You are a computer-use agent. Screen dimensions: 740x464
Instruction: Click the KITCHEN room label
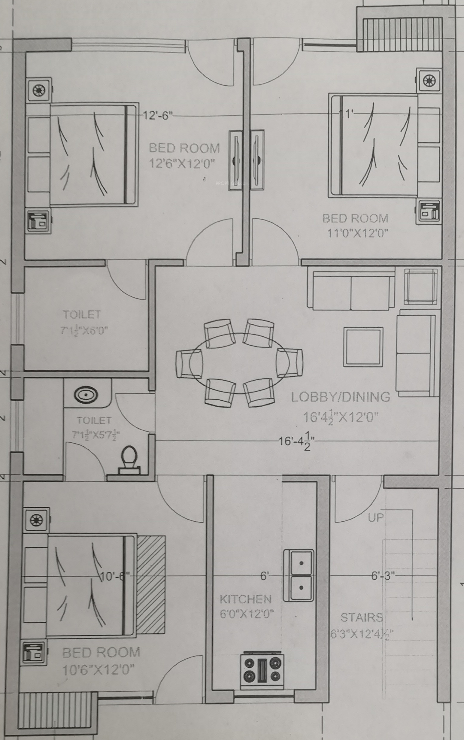[245, 599]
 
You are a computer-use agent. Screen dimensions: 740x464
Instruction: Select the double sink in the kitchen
[298, 575]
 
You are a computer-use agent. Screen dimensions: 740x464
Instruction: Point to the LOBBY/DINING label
[340, 397]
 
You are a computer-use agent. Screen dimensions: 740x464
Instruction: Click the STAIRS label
[362, 617]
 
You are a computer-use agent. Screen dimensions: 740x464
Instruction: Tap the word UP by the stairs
[376, 517]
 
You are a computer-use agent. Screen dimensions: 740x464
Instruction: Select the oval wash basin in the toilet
[86, 394]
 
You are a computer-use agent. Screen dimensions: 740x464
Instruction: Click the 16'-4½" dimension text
[296, 442]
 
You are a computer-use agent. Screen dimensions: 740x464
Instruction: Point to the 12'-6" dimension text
[158, 116]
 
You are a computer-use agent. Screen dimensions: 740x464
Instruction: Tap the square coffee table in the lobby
[363, 346]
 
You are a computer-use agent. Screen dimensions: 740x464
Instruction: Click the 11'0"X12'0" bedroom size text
[357, 233]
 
